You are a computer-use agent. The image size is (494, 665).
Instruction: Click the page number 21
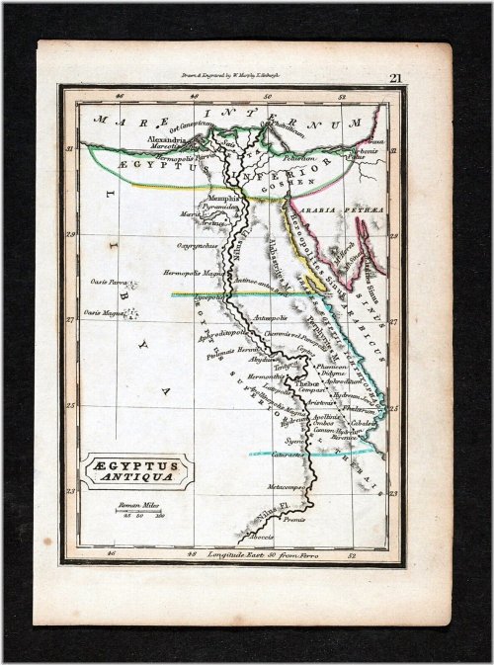pos(395,78)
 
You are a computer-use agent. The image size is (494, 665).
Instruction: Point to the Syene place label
pos(293,440)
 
